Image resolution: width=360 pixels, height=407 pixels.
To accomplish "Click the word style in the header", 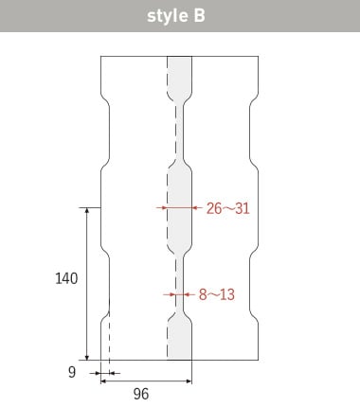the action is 167,16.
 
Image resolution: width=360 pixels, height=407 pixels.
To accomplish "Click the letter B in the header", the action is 199,15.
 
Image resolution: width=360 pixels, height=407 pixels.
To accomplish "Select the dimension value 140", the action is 66,278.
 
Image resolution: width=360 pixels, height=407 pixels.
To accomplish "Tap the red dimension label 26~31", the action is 228,208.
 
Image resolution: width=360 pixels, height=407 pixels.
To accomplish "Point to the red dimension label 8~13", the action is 217,294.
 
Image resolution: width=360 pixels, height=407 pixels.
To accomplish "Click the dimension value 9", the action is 72,372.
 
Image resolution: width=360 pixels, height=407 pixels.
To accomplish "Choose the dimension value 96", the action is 141,394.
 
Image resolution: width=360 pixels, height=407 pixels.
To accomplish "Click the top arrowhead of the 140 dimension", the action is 87,211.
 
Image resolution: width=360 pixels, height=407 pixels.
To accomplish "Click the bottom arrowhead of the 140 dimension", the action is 87,357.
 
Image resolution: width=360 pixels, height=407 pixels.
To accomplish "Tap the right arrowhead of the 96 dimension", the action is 189,381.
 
